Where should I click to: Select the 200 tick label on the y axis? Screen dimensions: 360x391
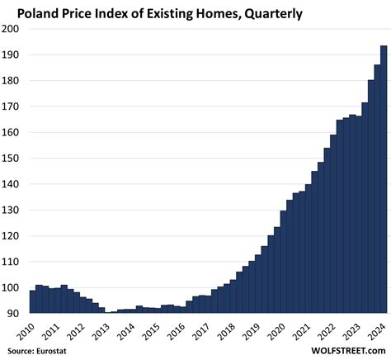pos(12,29)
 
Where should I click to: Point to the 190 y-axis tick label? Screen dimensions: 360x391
pos(12,54)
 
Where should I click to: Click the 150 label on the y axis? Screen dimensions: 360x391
pos(12,159)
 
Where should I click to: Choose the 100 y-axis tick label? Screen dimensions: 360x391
pos(12,288)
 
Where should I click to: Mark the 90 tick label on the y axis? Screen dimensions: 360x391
pos(14,314)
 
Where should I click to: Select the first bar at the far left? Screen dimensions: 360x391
pos(32,301)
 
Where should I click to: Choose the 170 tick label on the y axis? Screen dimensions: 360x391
pos(12,107)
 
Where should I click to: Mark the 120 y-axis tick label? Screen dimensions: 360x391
pos(12,236)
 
